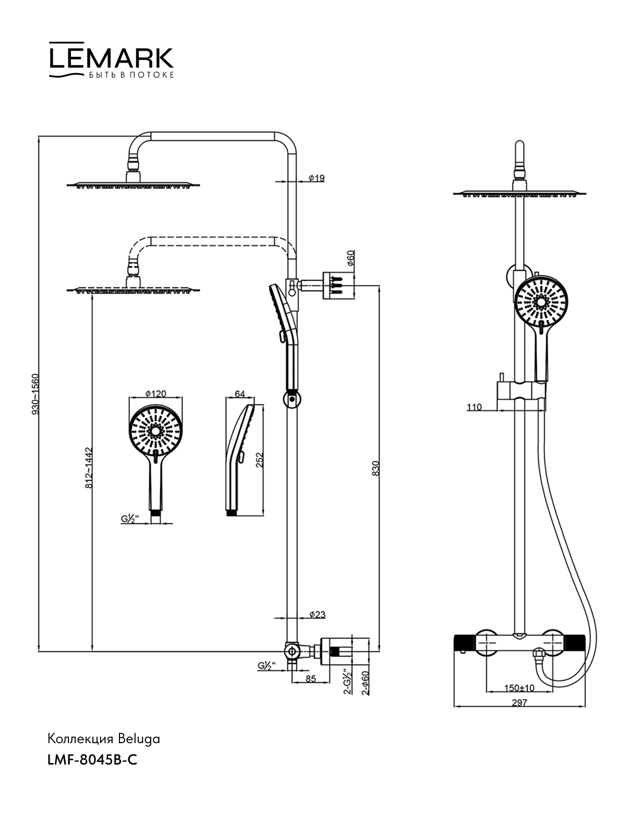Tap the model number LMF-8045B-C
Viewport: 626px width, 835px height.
click(x=92, y=760)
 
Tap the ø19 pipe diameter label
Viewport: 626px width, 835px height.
click(x=316, y=178)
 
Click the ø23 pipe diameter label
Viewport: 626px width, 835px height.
click(x=317, y=615)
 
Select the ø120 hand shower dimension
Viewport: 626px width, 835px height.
click(x=155, y=393)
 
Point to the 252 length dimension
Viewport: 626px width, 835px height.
click(x=259, y=459)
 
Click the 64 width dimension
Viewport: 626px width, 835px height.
click(x=240, y=394)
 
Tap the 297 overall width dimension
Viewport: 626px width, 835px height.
click(x=519, y=702)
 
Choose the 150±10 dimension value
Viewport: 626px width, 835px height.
click(x=519, y=688)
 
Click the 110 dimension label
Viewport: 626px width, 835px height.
click(x=474, y=407)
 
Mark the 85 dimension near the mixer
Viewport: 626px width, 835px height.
click(x=311, y=679)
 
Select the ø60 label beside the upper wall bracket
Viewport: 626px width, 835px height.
click(x=351, y=259)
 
